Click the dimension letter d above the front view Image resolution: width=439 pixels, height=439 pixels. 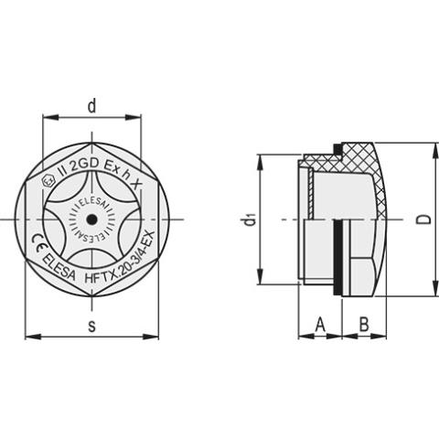tap(91, 106)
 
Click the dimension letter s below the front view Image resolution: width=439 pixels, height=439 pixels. tap(91, 326)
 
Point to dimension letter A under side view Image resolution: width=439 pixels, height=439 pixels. tap(320, 324)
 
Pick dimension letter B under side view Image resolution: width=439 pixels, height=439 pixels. tap(362, 324)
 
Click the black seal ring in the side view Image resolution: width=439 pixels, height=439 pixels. tap(337, 257)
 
